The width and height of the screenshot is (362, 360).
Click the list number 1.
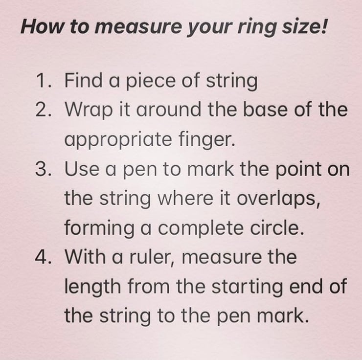click(x=43, y=80)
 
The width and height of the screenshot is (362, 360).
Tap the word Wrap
click(x=89, y=111)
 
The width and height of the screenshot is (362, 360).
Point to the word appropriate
click(x=118, y=140)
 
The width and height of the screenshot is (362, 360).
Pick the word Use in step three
click(x=82, y=169)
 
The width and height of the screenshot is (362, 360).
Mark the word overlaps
click(x=279, y=199)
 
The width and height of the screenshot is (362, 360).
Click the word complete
click(x=201, y=228)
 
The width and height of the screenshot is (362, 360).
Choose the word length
click(x=92, y=287)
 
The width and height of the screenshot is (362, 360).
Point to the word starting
click(x=247, y=287)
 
